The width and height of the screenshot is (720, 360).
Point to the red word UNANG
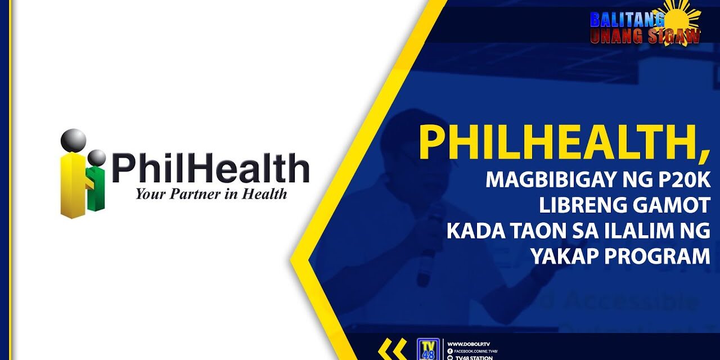pyautogui.click(x=615, y=36)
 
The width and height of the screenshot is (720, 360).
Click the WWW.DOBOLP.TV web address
pyautogui.click(x=469, y=343)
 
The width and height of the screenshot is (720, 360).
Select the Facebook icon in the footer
pyautogui.click(x=450, y=350)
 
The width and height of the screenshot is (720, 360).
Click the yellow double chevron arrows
pyautogui.click(x=393, y=350)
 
